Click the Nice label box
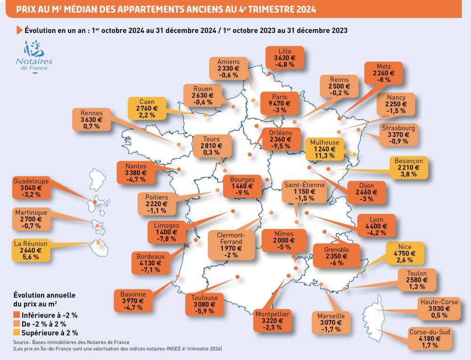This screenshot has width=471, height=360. tap(405, 253)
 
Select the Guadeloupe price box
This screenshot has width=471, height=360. tap(31, 187)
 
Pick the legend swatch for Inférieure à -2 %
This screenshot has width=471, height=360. tap(16, 314)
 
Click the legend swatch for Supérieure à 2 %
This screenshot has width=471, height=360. tap(16, 332)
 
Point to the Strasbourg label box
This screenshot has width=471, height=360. tap(398, 135)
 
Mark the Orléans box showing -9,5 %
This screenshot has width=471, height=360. tap(280, 139)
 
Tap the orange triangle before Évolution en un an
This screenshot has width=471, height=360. tap(19, 30)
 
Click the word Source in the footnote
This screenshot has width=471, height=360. tap(22, 342)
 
